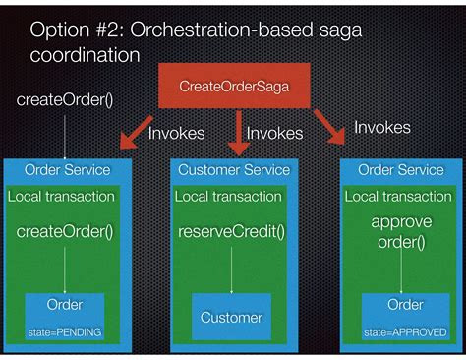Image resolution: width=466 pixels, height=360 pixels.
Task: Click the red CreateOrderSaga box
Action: tap(233, 87)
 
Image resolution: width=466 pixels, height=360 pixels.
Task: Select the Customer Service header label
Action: tap(234, 170)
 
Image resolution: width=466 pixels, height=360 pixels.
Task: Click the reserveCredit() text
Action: tap(231, 233)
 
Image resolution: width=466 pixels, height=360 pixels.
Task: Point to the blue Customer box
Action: tap(231, 317)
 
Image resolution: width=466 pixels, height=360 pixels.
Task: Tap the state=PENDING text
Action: tap(65, 332)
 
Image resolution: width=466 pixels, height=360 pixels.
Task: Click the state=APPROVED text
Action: tap(400, 332)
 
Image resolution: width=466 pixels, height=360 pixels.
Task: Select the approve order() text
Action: tap(401, 232)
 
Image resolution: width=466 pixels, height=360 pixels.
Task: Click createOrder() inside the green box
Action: tap(65, 233)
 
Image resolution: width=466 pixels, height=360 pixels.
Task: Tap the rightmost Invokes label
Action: tap(381, 128)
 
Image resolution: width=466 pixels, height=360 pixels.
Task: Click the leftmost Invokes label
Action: tap(176, 133)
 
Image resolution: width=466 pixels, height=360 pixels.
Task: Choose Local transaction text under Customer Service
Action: tap(228, 197)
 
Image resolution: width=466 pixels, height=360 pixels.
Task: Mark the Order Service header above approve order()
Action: tap(400, 170)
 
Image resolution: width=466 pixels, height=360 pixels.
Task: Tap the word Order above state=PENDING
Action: tap(65, 305)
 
